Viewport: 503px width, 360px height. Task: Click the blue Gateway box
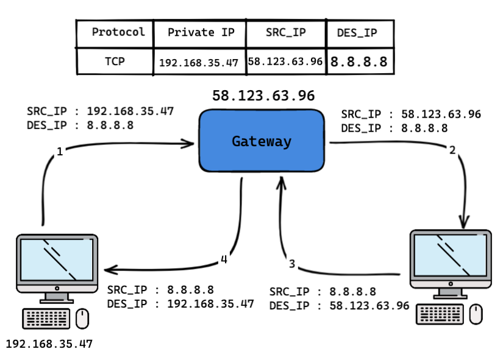[261, 141]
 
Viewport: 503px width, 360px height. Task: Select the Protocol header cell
[115, 33]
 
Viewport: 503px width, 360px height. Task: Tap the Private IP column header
[199, 33]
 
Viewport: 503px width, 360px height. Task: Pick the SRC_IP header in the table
[286, 33]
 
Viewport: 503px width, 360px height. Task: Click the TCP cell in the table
[115, 61]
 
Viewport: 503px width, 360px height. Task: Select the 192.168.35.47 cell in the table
[199, 62]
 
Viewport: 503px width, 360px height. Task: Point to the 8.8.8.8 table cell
[359, 62]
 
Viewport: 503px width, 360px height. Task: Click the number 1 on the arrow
[60, 152]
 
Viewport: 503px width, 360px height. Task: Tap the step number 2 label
[452, 150]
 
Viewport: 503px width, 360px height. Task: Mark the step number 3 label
[292, 264]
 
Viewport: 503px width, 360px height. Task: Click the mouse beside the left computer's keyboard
[82, 318]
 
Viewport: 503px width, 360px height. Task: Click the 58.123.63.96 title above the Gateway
[263, 96]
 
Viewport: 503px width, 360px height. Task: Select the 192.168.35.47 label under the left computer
[49, 344]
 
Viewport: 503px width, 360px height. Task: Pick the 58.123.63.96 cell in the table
[286, 62]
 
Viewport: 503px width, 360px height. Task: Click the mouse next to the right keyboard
[476, 314]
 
